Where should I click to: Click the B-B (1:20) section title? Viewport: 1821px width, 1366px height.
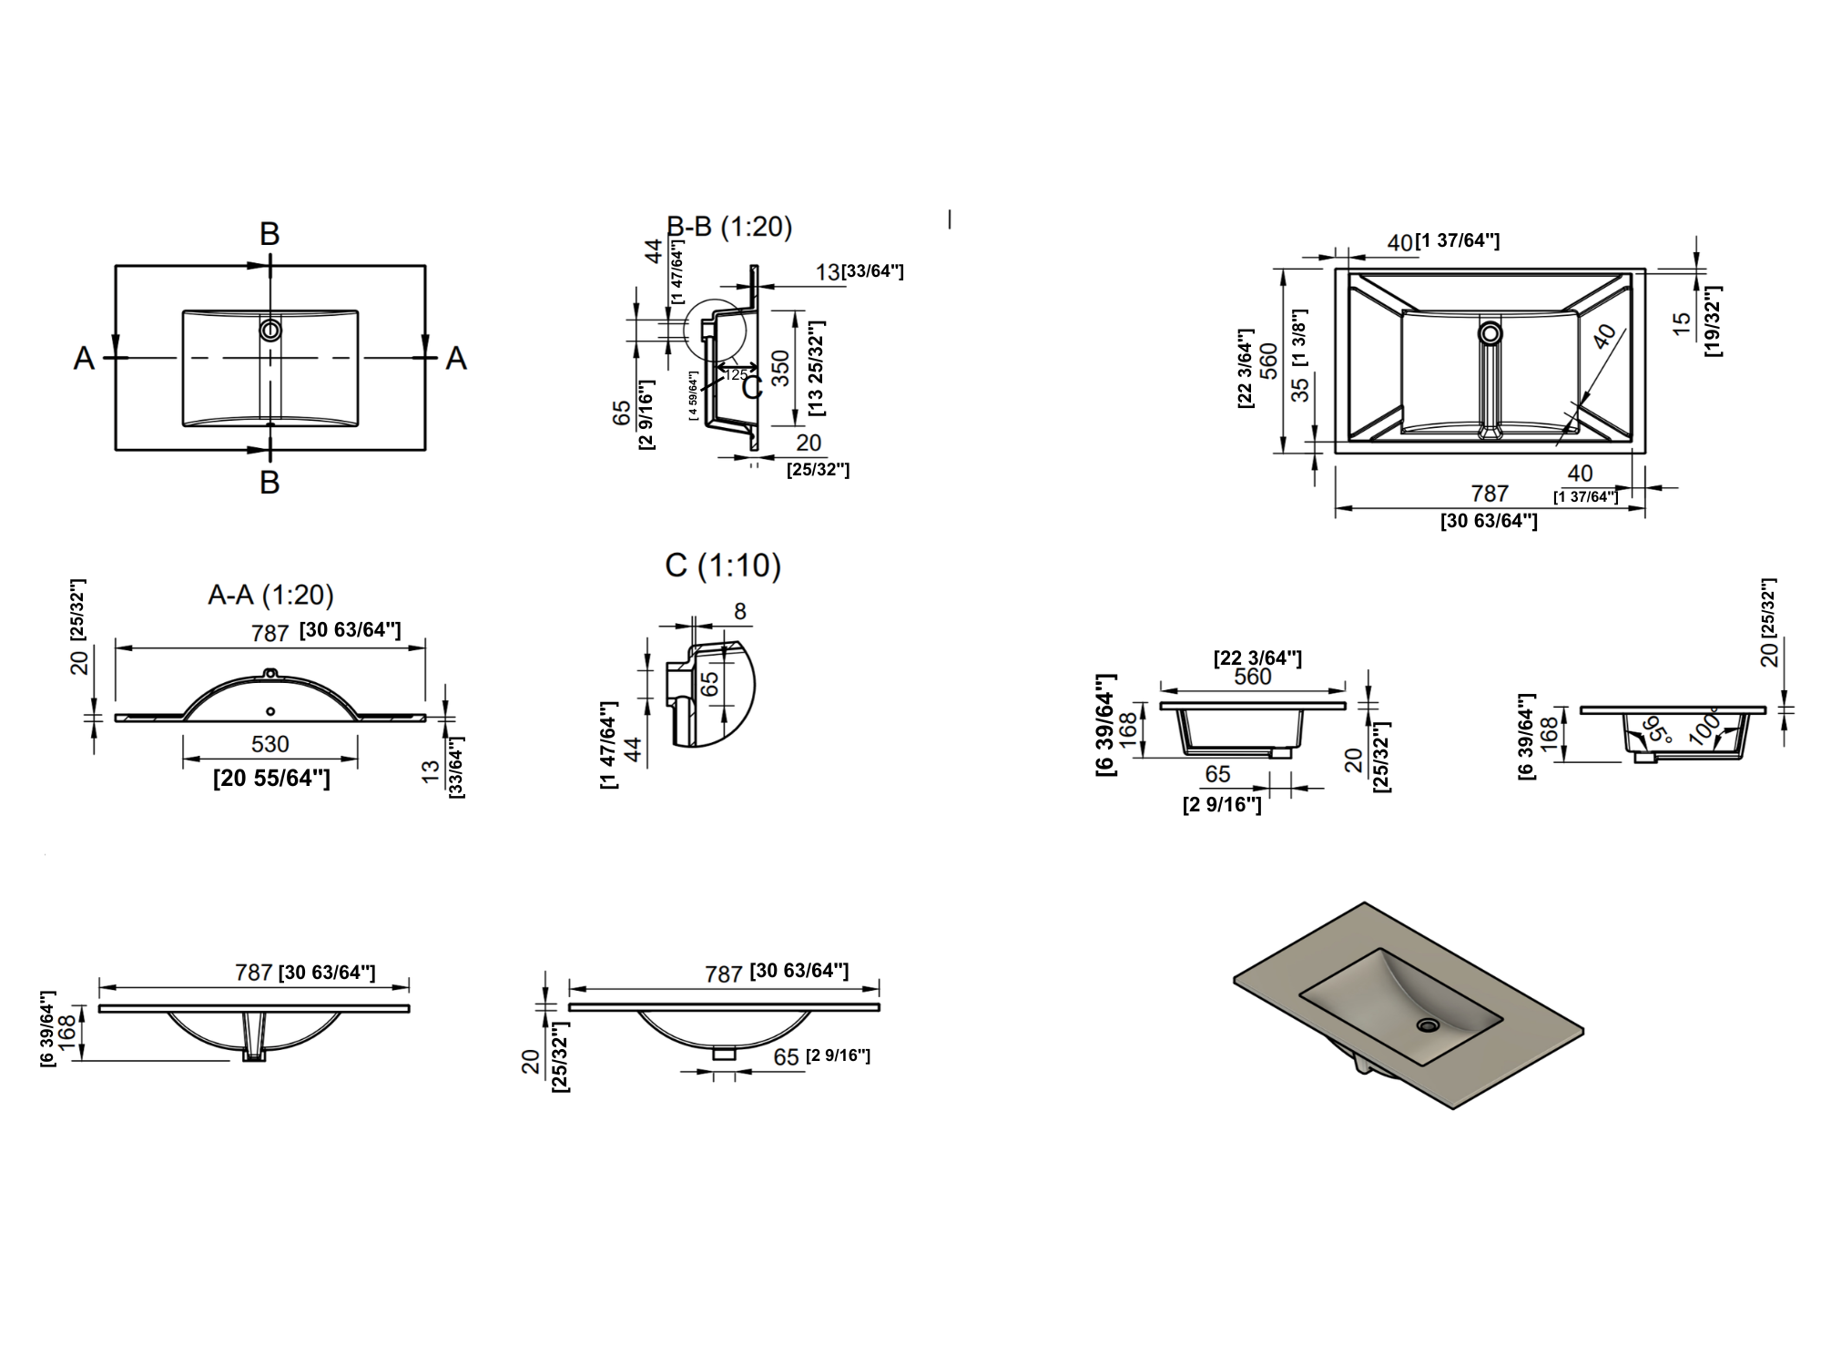729,226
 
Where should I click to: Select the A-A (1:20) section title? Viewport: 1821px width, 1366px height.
270,595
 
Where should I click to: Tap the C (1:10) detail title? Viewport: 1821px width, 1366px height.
723,566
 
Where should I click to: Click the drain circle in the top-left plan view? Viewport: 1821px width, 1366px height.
270,329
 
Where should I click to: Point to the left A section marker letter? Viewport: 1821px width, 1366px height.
84,359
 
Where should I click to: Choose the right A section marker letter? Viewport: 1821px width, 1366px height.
456,359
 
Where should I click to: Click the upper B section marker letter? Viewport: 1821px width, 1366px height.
270,234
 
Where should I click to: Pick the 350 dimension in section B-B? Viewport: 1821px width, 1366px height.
780,367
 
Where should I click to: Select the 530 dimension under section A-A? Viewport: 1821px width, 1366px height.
270,744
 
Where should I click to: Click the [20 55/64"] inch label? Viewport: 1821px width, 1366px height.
271,778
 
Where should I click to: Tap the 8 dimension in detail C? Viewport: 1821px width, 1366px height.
739,612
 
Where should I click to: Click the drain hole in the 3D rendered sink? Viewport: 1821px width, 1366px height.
1427,1025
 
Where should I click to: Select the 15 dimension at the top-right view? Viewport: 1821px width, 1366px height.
1682,322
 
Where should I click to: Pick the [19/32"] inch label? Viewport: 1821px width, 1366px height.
1712,321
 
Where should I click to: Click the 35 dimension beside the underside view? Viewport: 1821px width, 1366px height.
1300,389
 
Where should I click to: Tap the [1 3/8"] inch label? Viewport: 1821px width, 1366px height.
1300,337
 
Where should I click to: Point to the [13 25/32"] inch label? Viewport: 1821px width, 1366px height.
816,368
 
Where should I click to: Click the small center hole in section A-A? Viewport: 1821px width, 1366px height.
270,710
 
